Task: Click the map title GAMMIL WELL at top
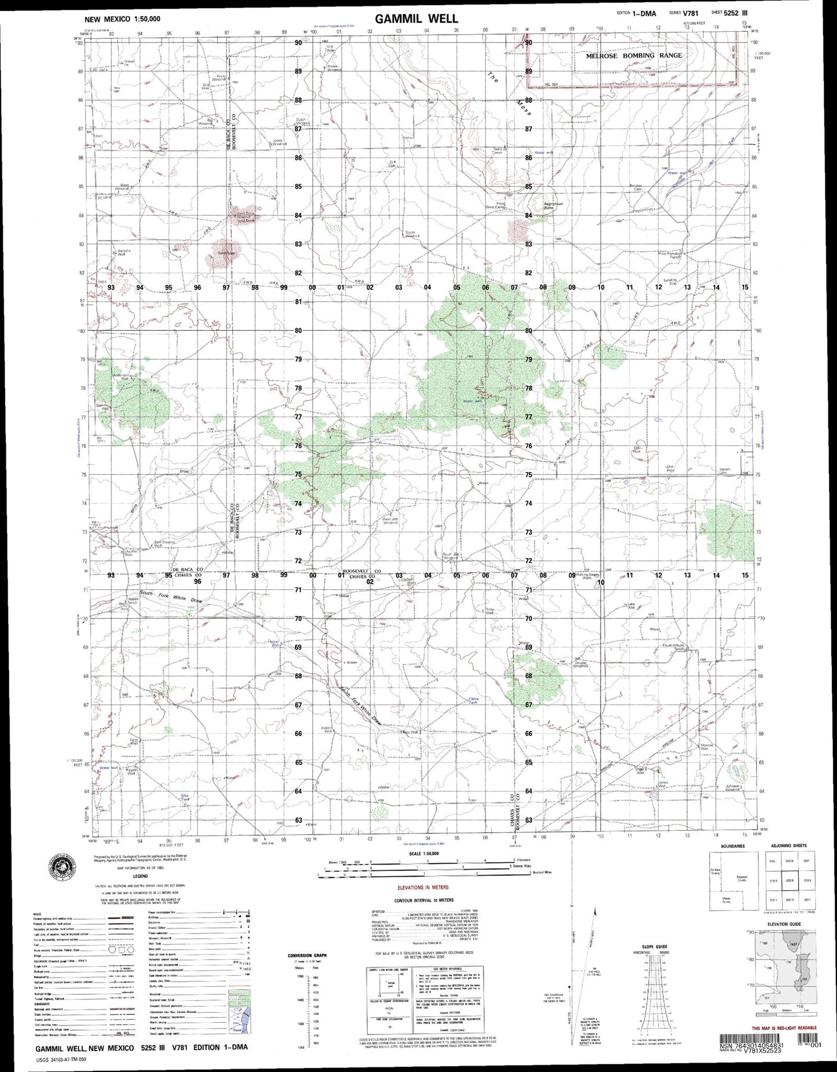(416, 19)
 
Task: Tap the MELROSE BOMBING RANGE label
(634, 56)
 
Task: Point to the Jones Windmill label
(277, 142)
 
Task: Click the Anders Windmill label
(334, 67)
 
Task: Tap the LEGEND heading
(140, 876)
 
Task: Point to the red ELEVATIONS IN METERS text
(423, 887)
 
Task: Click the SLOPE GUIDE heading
(654, 946)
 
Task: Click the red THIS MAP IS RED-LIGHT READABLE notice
(784, 1027)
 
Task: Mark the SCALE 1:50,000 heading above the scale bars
(423, 854)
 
